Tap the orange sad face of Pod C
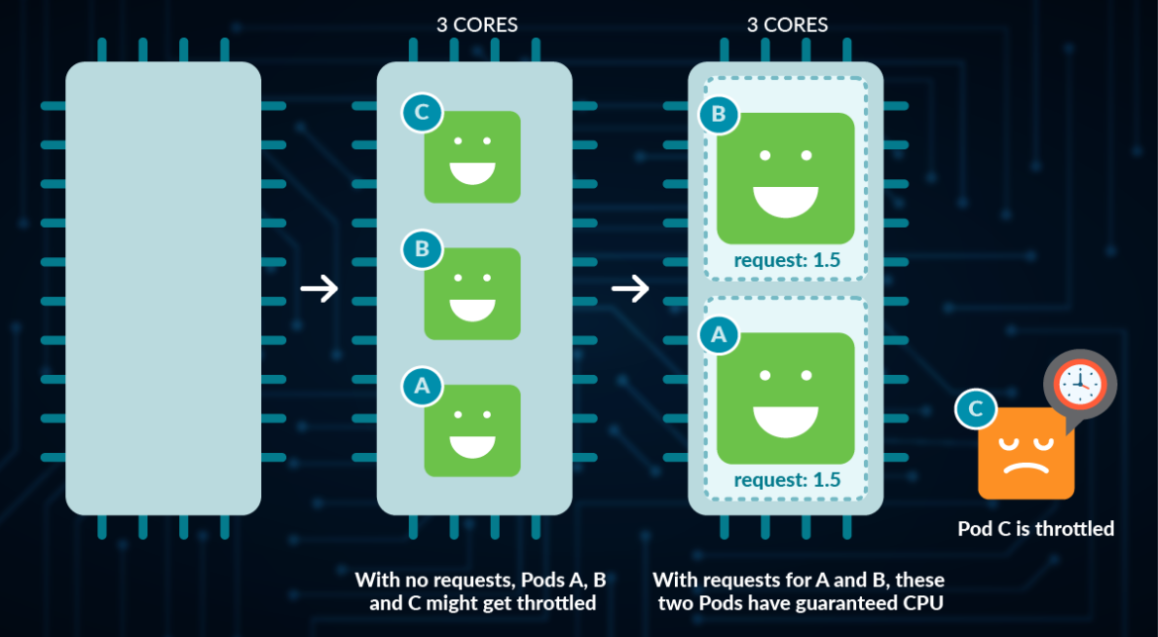click(x=1026, y=453)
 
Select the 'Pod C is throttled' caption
click(x=1035, y=529)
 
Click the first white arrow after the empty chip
click(x=319, y=289)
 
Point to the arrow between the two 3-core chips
click(x=629, y=289)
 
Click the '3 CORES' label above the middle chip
click(x=477, y=25)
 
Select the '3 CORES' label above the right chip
click(x=788, y=25)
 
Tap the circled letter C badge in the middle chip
click(x=422, y=113)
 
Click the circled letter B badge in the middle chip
click(x=422, y=249)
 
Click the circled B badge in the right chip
click(x=720, y=115)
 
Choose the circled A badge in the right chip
click(x=720, y=335)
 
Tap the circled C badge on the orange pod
click(x=976, y=409)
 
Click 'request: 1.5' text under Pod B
click(x=786, y=260)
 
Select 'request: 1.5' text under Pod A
click(x=786, y=480)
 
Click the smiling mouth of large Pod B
click(x=786, y=201)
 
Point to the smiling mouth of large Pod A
click(x=786, y=420)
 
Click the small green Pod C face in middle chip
click(x=472, y=157)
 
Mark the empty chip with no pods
click(x=163, y=288)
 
